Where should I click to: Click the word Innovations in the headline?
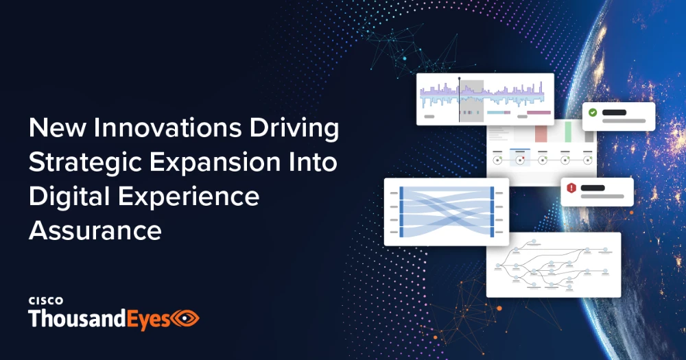click(x=167, y=128)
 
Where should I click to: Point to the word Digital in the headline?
click(x=69, y=197)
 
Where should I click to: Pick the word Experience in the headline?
click(x=189, y=197)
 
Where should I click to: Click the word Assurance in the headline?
click(x=95, y=230)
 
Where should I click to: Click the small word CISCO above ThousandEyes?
click(x=46, y=300)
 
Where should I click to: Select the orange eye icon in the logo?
click(x=185, y=318)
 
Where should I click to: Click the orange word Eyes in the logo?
click(x=148, y=320)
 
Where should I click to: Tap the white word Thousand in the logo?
click(x=78, y=318)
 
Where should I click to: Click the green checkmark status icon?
click(x=593, y=112)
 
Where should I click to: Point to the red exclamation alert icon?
click(x=571, y=188)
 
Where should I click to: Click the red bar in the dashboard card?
click(x=541, y=134)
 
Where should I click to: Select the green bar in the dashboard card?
click(x=568, y=132)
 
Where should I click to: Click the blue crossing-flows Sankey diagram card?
click(x=447, y=212)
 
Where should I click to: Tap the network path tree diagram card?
click(x=554, y=265)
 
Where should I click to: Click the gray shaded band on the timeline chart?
click(x=472, y=101)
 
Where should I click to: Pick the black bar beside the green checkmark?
click(x=614, y=112)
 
